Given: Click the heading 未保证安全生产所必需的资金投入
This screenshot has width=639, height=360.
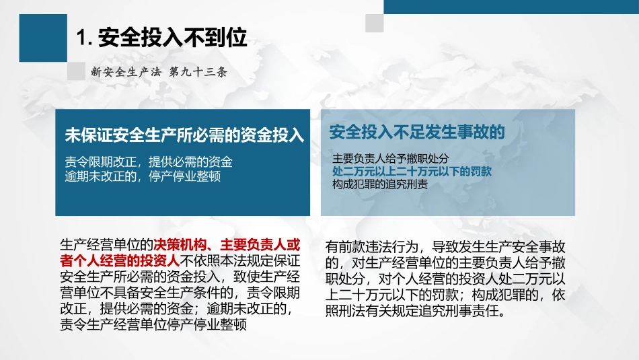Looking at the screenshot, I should pos(184,135).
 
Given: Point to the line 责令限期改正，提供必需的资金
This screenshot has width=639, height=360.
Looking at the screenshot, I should pos(149,162).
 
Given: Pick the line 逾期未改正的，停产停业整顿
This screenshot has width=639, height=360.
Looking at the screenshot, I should pos(143,176).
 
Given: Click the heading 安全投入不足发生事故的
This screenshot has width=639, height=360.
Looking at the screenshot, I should pos(417,131).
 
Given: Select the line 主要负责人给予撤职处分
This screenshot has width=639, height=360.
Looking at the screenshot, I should pos(386,159).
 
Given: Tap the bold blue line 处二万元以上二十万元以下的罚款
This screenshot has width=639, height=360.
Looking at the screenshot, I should pos(412,172).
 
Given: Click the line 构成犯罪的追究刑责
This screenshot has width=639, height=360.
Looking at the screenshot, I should pos(380,184).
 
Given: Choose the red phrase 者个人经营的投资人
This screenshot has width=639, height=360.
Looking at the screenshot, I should pos(118,260).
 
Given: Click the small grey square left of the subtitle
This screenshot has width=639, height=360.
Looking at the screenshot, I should pos(77,73).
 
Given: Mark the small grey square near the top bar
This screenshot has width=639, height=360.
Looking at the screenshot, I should pos(375,23).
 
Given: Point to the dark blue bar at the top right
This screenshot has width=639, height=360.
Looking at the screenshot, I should pos(511,6).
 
